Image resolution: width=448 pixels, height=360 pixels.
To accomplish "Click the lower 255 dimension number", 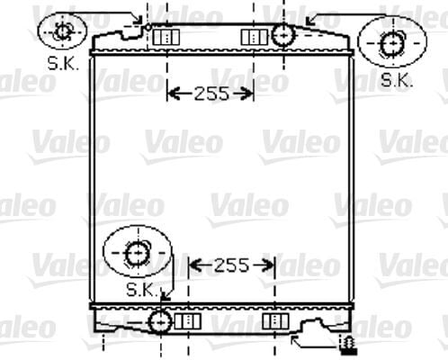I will coord(232,265).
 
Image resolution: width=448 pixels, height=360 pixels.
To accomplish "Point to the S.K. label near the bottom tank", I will coord(141,290).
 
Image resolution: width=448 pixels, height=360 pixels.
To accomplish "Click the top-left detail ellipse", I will coord(63,31).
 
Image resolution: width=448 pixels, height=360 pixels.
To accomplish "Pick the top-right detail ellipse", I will coord(392,41).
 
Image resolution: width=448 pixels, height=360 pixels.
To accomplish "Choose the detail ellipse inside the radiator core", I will coord(135,253).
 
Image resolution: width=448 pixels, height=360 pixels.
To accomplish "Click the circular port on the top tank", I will coord(282,36).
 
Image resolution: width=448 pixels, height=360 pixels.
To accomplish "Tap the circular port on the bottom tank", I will coord(161,320).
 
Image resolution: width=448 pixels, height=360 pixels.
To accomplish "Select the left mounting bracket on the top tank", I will coord(166,37).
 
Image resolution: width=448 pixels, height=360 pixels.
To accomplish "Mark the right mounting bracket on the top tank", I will coord(255,37).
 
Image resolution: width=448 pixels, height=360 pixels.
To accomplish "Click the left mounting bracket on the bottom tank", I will coord(187,321).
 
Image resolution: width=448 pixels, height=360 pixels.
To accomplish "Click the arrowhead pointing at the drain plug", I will coord(297,341).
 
